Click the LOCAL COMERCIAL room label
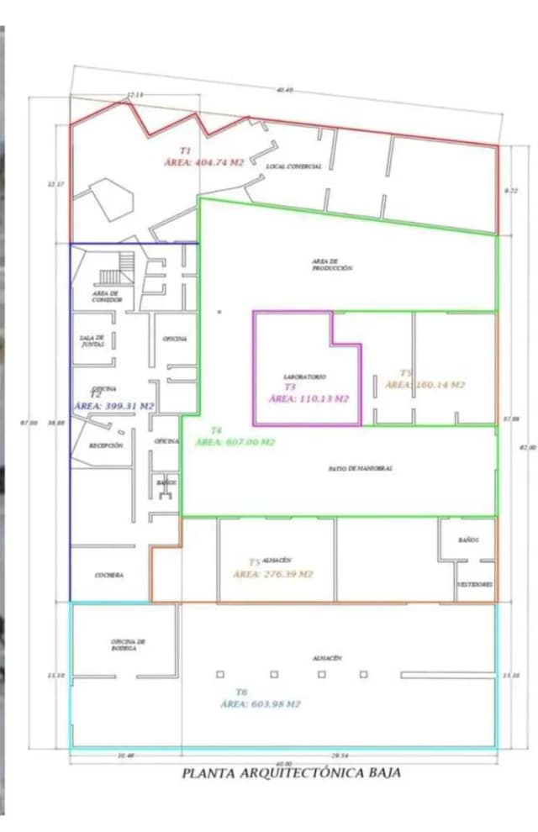[293, 166]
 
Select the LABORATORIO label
[304, 377]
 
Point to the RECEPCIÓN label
[107, 445]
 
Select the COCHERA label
[109, 575]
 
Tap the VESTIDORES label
[475, 584]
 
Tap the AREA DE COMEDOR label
[108, 297]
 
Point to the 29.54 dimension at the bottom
[340, 756]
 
